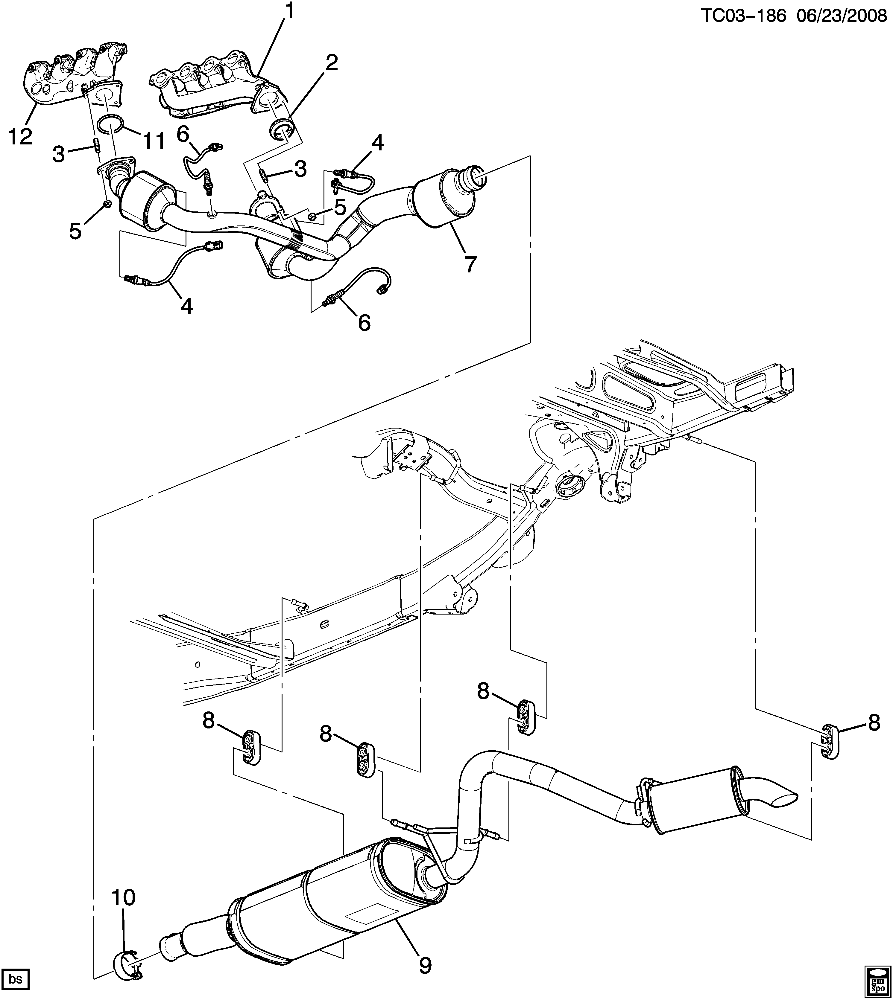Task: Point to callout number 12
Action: (x=20, y=136)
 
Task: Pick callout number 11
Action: (x=153, y=142)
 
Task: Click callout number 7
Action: (x=470, y=265)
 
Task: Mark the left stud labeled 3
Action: (x=96, y=146)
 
